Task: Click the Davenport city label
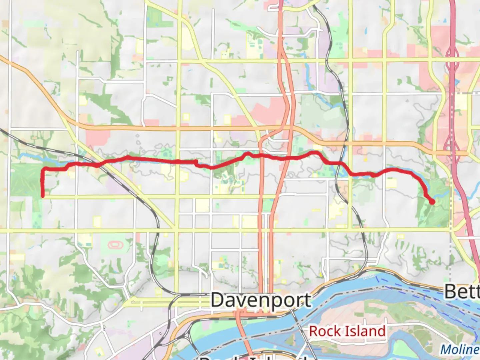pos(261,300)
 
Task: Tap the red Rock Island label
pos(347,331)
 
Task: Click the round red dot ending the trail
pos(432,202)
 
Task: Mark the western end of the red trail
pos(43,196)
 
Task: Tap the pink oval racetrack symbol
pos(116,245)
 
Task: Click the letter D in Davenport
pos(217,300)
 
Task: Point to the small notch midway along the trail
pos(196,162)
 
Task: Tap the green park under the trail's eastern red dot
pos(433,213)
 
